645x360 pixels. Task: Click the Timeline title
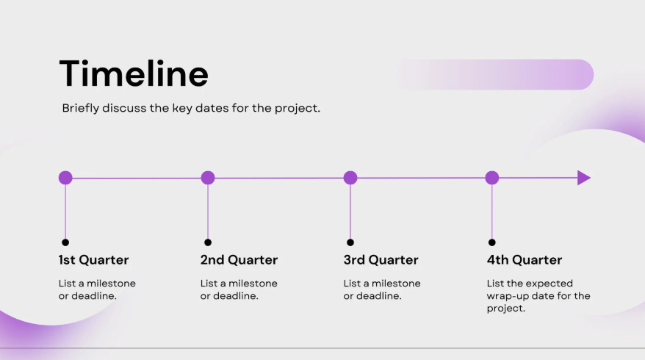coord(134,73)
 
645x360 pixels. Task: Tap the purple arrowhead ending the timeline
coord(584,178)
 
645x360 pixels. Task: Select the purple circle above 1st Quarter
coord(65,178)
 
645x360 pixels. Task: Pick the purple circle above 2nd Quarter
coord(208,178)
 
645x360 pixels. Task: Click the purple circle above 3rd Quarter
coord(350,178)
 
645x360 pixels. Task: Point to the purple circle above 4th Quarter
coord(492,178)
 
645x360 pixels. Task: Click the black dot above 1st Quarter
coord(65,242)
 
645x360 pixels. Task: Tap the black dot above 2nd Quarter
coord(208,242)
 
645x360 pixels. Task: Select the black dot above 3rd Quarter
coord(350,242)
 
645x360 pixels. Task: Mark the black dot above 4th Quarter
coord(492,242)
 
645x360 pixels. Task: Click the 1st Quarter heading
coord(93,260)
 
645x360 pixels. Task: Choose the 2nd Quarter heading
coord(239,260)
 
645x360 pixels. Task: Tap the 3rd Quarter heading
coord(381,260)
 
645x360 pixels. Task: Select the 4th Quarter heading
coord(525,260)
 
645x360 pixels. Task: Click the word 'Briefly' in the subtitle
coord(81,108)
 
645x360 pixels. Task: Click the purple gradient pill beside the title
coord(494,74)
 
